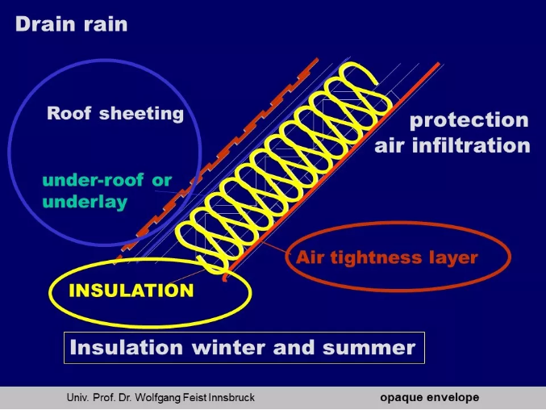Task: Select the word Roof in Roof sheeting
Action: [x=69, y=113]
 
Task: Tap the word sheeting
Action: [x=141, y=114]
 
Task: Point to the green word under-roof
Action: [x=93, y=180]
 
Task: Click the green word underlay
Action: [x=85, y=202]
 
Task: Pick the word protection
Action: [x=469, y=121]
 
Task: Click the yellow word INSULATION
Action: [x=131, y=291]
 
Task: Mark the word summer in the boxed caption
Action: [x=369, y=349]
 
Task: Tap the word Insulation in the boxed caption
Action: [x=127, y=347]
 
